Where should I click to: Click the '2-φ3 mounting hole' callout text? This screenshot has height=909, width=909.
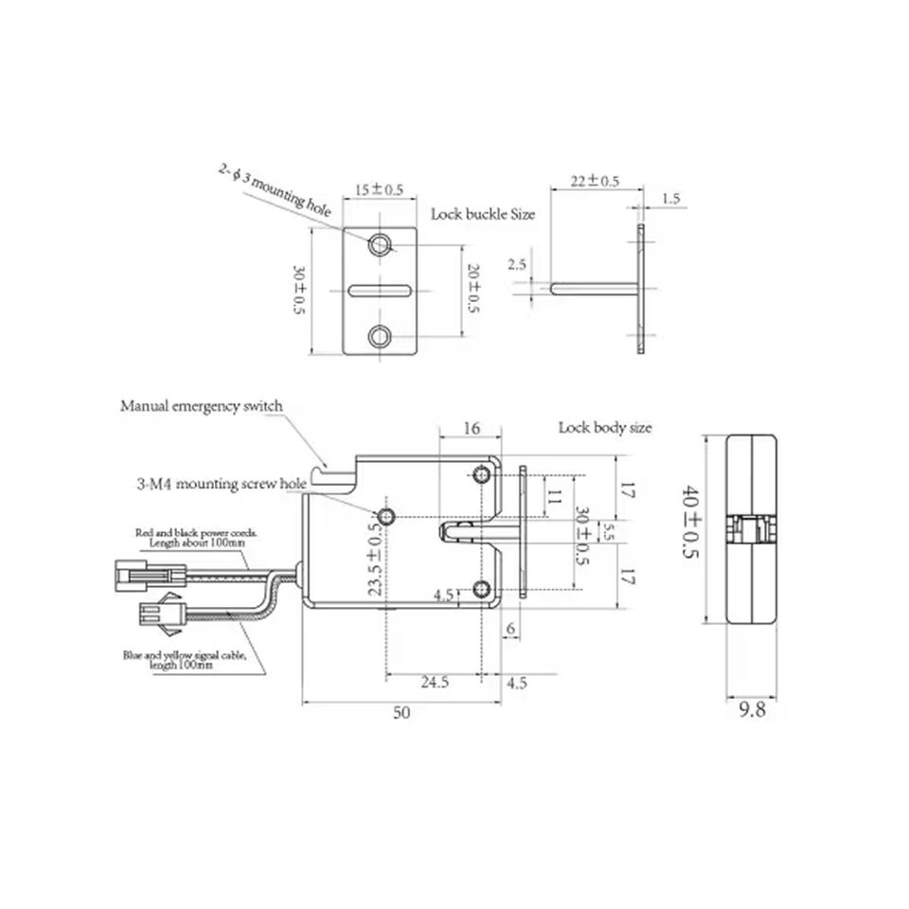tap(275, 189)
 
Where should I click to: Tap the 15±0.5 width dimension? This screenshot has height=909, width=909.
tap(379, 189)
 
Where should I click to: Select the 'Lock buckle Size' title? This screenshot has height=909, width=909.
tap(482, 214)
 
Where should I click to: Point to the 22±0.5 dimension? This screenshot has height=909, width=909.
tap(595, 181)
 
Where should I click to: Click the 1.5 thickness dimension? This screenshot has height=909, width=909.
tap(670, 198)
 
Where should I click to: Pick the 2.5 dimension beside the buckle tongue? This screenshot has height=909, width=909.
tap(517, 264)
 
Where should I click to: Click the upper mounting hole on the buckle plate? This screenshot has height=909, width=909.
tap(380, 244)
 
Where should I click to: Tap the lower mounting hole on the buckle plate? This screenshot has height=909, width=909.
tap(380, 335)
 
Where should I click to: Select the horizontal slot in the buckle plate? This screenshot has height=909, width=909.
tap(380, 291)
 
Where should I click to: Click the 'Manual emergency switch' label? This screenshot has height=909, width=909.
tap(201, 406)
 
